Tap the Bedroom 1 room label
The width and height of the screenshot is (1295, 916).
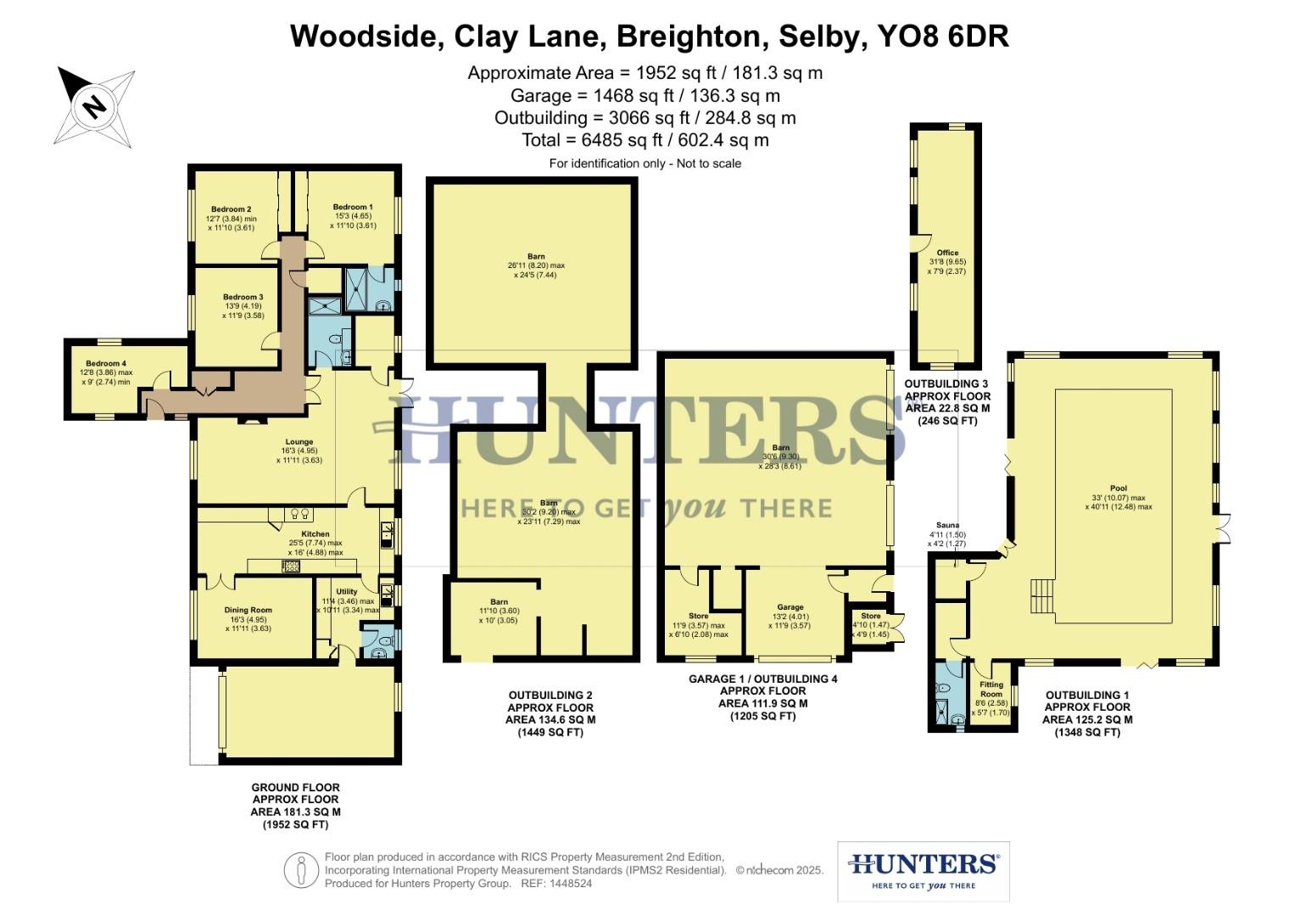coord(352,207)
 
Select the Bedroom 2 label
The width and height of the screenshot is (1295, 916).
coord(231,209)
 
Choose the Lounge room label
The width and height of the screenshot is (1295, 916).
coord(299,442)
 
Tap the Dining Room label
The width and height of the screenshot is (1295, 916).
coord(248,610)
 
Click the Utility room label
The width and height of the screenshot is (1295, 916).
coord(346,592)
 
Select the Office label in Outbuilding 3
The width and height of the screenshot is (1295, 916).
coord(947,253)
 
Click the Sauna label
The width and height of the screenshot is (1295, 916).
coord(947,525)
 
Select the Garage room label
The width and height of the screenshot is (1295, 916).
coord(790,607)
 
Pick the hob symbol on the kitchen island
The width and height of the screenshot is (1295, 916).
coord(291,566)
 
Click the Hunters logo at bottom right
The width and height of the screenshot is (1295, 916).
coord(923,871)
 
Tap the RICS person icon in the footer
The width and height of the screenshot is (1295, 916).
coord(300,871)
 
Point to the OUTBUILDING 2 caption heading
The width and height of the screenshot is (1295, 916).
coord(550,695)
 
